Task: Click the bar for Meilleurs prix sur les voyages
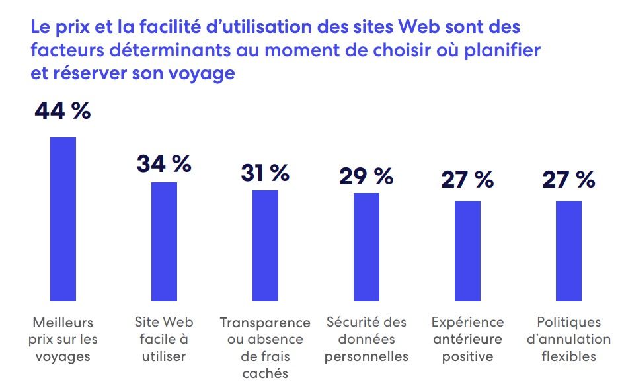pos(63,219)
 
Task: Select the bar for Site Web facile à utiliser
pos(165,241)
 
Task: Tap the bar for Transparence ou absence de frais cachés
pos(265,245)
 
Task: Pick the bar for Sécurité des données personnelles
pos(366,247)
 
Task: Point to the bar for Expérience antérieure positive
pos(467,251)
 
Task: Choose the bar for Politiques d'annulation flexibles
pos(568,251)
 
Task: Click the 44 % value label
pos(62,111)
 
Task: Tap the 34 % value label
pos(164,163)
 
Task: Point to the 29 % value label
pos(366,176)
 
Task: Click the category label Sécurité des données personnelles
pos(367,339)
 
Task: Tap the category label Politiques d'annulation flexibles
pos(568,339)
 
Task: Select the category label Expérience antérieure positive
pos(467,339)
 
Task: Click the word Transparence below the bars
pos(265,323)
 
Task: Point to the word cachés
pos(265,373)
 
